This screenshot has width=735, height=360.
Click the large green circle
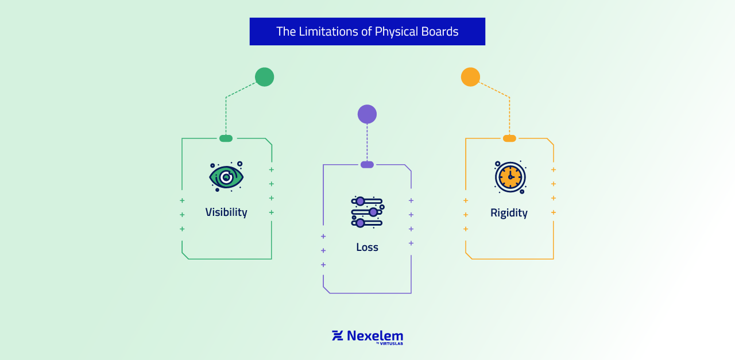(x=264, y=77)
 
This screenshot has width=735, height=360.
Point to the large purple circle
(x=367, y=114)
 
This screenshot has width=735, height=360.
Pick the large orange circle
(x=470, y=77)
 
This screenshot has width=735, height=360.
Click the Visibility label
(x=226, y=212)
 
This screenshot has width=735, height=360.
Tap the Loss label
(x=367, y=247)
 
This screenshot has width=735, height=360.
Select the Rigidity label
(x=509, y=213)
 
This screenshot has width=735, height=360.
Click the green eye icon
(x=226, y=177)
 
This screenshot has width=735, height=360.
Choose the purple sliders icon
(x=367, y=212)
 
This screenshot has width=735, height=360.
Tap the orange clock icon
(x=510, y=177)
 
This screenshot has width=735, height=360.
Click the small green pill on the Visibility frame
(x=226, y=138)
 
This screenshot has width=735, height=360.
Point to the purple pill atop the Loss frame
(x=367, y=165)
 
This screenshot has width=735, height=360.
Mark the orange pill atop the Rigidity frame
(x=509, y=138)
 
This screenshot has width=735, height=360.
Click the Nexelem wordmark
(x=374, y=335)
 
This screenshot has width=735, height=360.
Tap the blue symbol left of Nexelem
(x=337, y=335)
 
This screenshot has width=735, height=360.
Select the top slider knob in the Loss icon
(x=360, y=201)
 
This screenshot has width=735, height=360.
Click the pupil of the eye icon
(x=226, y=177)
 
